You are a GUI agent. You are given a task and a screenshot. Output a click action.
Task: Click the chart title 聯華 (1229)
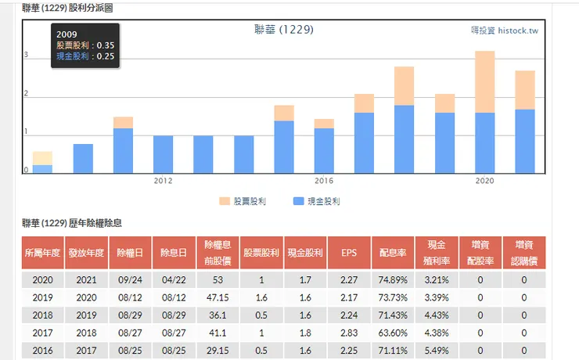(283, 30)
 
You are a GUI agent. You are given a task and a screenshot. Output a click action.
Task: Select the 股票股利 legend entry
(243, 201)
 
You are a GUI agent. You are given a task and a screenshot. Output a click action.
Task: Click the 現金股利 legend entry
(316, 201)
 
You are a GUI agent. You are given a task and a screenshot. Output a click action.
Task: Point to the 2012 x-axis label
(163, 181)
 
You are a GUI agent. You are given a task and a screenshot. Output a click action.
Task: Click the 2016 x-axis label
(324, 181)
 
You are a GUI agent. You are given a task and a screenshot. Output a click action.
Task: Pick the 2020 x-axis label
(485, 181)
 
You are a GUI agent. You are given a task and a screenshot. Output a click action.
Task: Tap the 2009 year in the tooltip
(67, 35)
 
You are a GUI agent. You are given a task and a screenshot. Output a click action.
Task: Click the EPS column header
(349, 253)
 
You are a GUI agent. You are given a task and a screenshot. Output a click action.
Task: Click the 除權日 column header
(130, 253)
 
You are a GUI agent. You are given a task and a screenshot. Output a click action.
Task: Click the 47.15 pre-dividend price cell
(217, 297)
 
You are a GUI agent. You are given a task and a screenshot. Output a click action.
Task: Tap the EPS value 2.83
(349, 333)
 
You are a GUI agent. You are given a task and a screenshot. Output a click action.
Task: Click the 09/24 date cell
(130, 279)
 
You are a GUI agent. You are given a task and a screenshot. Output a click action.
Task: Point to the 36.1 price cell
(217, 315)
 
